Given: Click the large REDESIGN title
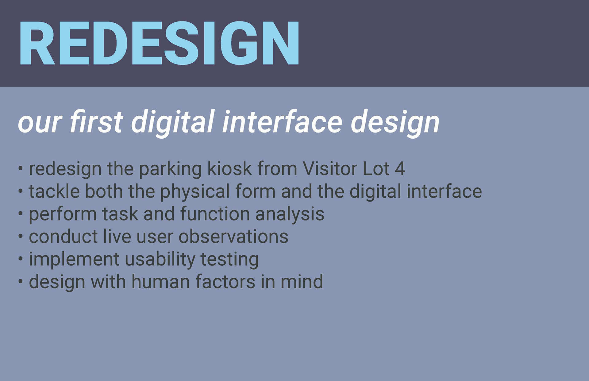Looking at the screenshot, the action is point(159,43).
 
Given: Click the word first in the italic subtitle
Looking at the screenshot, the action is point(96,121).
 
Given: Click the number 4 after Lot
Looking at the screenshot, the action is point(400,169).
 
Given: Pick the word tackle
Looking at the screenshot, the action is point(54,191).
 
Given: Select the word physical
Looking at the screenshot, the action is point(195,192).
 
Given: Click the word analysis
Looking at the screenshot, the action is point(290,214).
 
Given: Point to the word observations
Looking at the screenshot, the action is point(233,237).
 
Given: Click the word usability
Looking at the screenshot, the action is point(160,260).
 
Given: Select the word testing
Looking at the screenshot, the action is point(229,260).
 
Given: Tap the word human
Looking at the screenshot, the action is point(160,282).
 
